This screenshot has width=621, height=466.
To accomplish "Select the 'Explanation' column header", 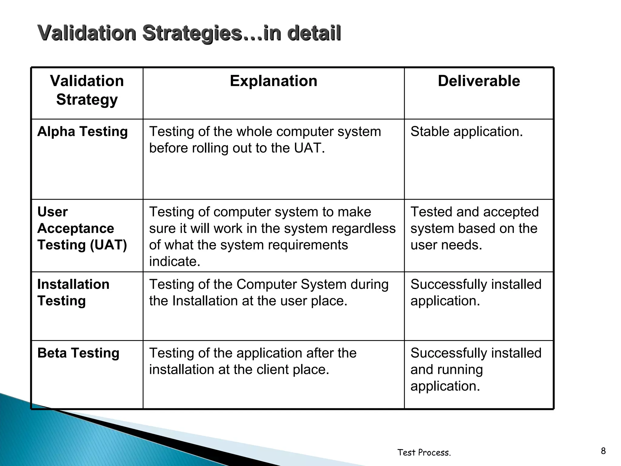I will tap(274, 81).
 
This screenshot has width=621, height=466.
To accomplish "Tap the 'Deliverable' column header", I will tap(479, 81).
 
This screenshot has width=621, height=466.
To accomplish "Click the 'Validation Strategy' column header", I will tap(87, 90).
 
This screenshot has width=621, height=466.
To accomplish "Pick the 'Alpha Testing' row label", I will tap(82, 131).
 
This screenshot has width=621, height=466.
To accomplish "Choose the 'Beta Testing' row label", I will tap(78, 353).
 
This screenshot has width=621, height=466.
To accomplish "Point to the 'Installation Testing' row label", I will tap(73, 292).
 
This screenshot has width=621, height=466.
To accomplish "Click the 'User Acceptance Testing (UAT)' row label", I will tap(82, 228).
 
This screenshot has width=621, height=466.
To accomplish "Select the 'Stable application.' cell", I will tap(467, 131).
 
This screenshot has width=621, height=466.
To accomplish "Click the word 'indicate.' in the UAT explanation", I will tap(175, 261).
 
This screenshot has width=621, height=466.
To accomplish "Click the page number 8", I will tap(603, 451).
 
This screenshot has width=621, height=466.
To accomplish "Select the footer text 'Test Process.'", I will tap(424, 452).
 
